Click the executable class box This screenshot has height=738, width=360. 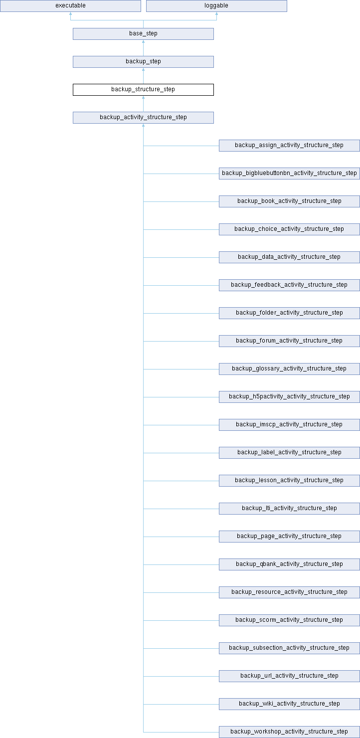pyautogui.click(x=70, y=6)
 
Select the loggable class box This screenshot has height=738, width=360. pyautogui.click(x=216, y=6)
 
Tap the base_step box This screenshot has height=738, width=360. pyautogui.click(x=143, y=34)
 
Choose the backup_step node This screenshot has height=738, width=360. pyautogui.click(x=143, y=62)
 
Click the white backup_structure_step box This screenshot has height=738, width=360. pyautogui.click(x=143, y=90)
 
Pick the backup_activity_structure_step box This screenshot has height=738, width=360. pyautogui.click(x=143, y=118)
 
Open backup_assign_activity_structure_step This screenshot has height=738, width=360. pyautogui.click(x=289, y=146)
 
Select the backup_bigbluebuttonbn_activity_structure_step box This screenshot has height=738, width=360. pyautogui.click(x=289, y=174)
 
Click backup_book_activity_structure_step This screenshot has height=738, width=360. pyautogui.click(x=289, y=201)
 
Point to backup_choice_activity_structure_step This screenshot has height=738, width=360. pyautogui.click(x=289, y=229)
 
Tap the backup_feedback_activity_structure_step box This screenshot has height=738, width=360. pyautogui.click(x=289, y=285)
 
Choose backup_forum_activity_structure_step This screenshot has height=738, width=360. pyautogui.click(x=289, y=341)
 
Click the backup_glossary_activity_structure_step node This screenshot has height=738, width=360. pyautogui.click(x=289, y=369)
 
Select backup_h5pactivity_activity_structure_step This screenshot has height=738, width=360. pyautogui.click(x=289, y=397)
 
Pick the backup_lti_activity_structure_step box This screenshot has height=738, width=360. pyautogui.click(x=289, y=509)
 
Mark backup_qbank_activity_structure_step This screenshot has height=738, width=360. pyautogui.click(x=289, y=564)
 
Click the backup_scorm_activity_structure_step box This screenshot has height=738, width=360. pyautogui.click(x=289, y=620)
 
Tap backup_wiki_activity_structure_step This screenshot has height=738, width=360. pyautogui.click(x=289, y=704)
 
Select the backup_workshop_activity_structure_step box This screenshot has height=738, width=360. pyautogui.click(x=289, y=732)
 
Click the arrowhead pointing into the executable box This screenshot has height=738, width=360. pyautogui.click(x=70, y=14)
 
